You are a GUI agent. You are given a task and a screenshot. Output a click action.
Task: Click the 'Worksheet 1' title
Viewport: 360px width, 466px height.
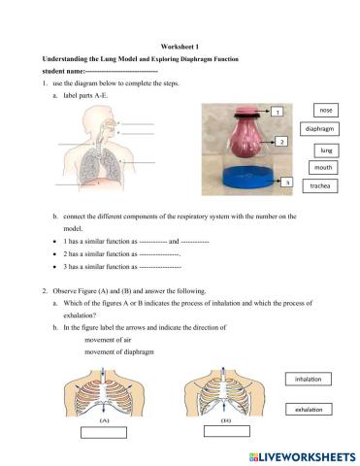click(180, 48)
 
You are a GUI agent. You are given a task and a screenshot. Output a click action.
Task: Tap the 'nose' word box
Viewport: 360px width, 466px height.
click(325, 111)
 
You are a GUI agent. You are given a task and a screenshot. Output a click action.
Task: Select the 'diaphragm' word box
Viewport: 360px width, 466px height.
click(325, 129)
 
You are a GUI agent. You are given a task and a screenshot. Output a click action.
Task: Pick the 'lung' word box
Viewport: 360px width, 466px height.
click(325, 150)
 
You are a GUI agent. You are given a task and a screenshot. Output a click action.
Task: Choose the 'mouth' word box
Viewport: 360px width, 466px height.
click(325, 167)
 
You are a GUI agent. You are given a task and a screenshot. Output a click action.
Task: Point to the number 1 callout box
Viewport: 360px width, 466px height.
click(278, 113)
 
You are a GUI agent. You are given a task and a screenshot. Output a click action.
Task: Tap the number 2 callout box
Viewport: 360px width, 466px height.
click(282, 143)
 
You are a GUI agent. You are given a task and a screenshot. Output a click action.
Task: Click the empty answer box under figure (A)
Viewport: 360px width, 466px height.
click(103, 434)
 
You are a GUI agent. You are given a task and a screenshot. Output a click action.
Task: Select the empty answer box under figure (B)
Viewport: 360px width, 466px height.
click(223, 434)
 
